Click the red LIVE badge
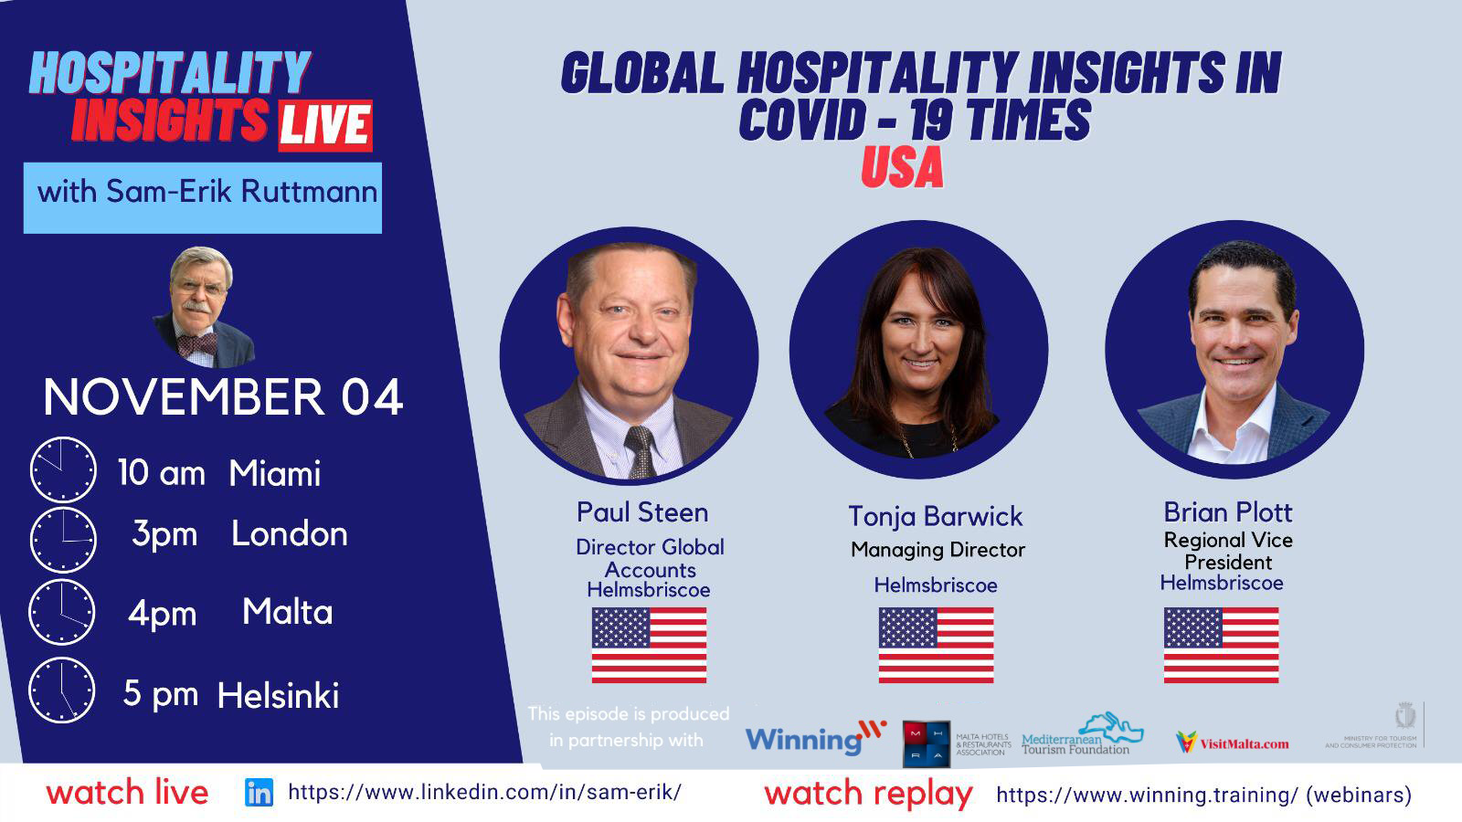coord(324,125)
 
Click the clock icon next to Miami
coord(62,470)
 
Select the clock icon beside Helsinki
coord(62,690)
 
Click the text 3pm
coord(164,534)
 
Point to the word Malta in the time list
coord(287,612)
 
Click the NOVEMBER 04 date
coord(223,397)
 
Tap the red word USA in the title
coord(901,168)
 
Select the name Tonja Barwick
coord(935,516)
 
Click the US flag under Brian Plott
coord(1221,645)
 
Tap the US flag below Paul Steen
coord(649,645)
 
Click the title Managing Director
coord(938,550)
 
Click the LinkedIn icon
coord(259,793)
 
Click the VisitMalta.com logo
coord(1233,743)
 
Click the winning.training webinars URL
coord(1203,795)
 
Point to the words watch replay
coord(868,793)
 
